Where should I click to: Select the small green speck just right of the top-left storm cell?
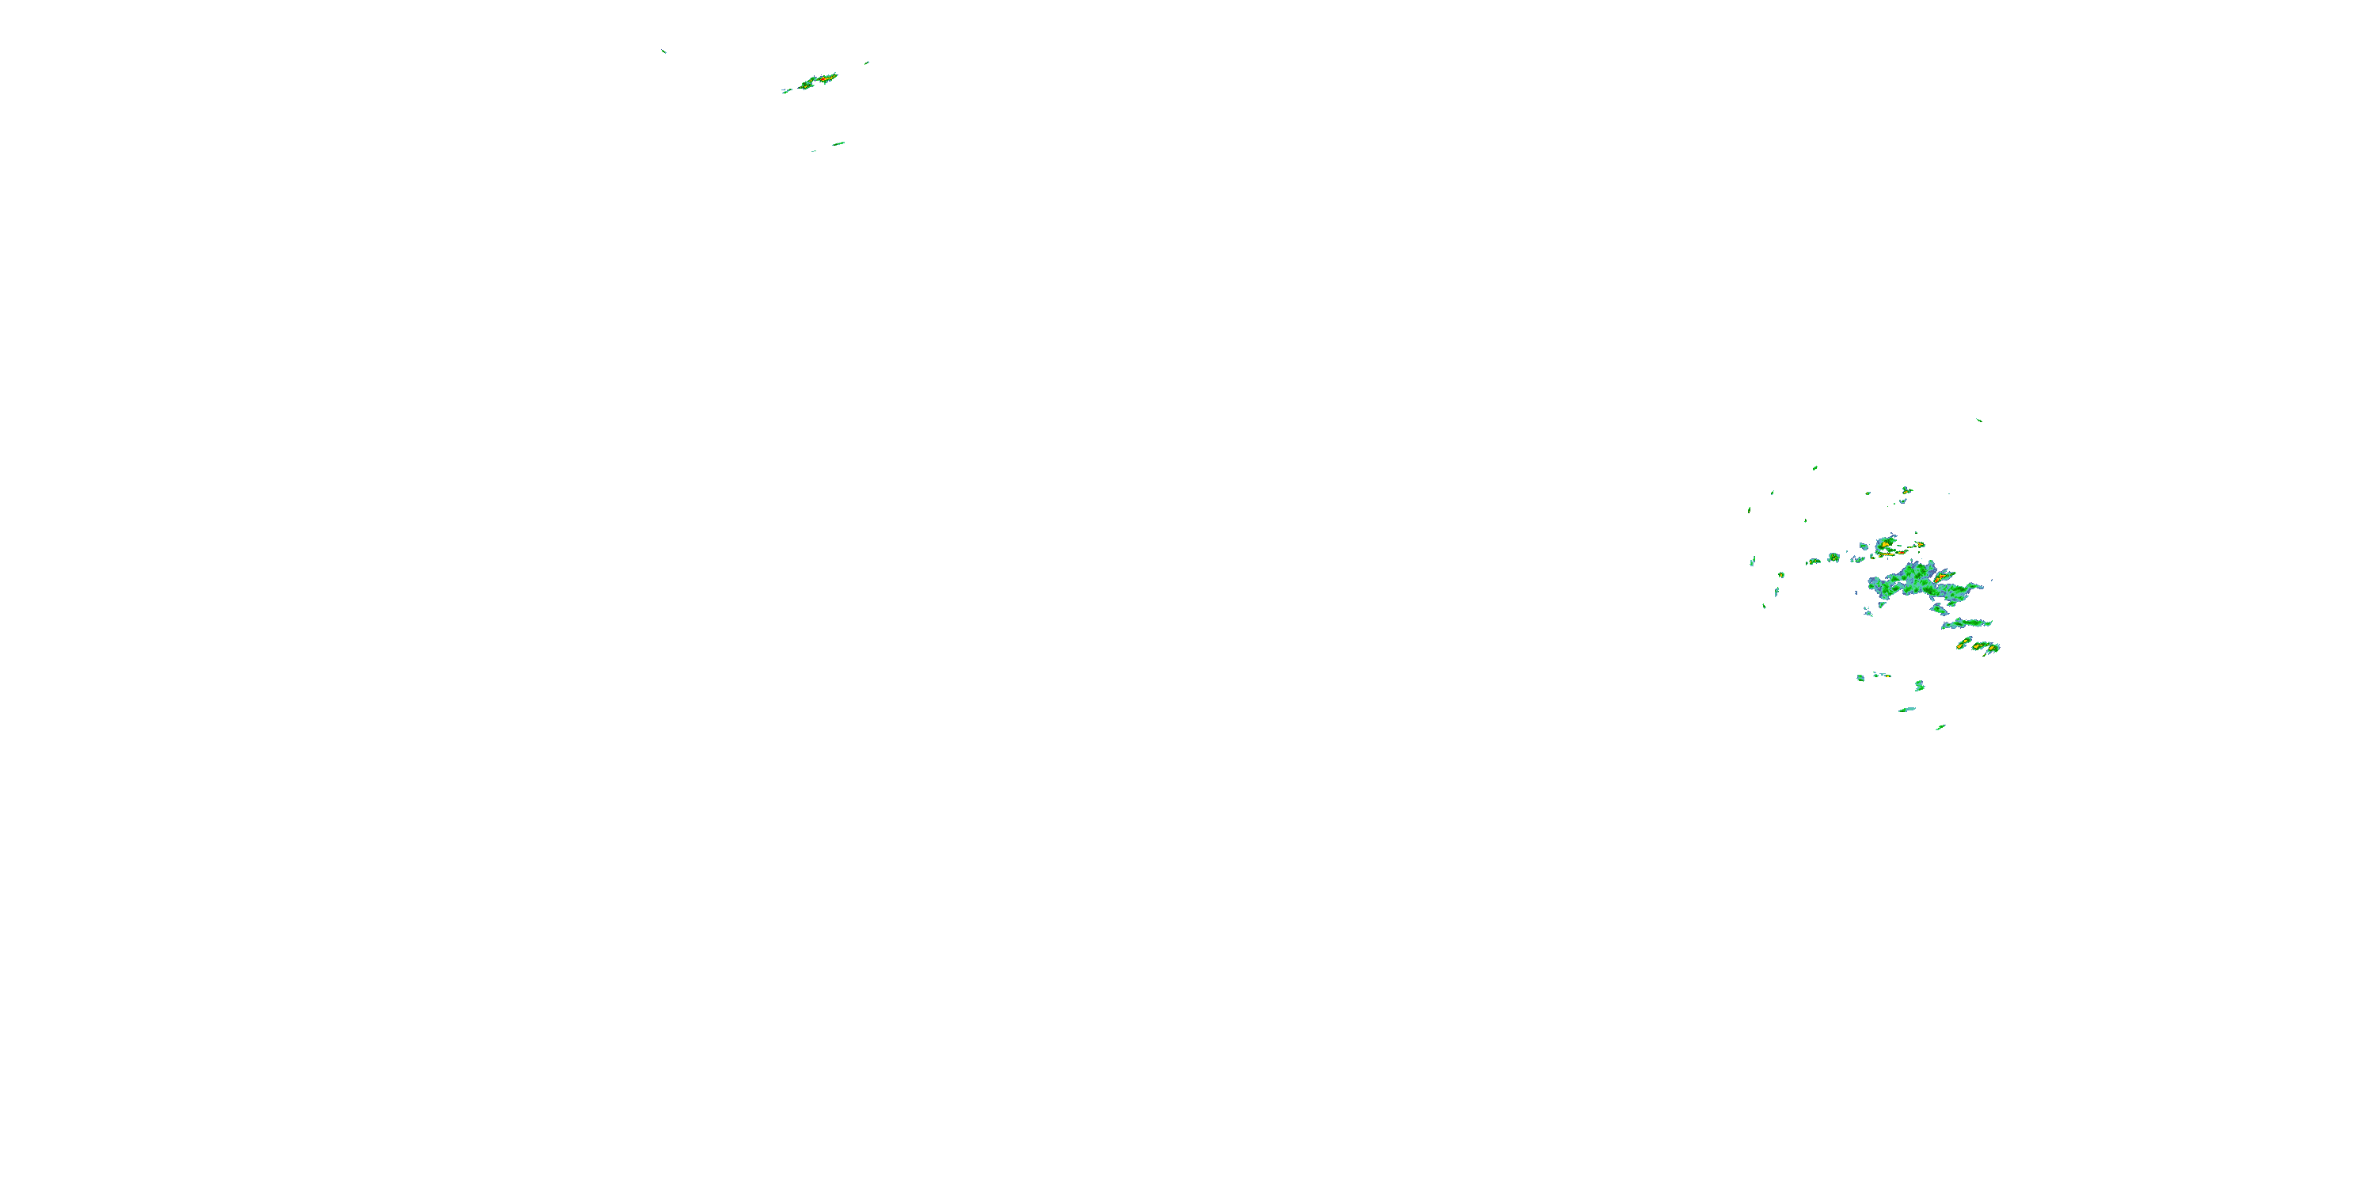click(867, 63)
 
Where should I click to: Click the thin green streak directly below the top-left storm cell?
click(838, 143)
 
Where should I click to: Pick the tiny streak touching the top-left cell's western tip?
click(786, 91)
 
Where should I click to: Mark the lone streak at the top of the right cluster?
click(1978, 420)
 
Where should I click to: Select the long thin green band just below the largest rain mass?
click(1966, 623)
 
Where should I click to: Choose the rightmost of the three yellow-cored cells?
click(1993, 649)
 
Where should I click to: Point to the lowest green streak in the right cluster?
click(1940, 727)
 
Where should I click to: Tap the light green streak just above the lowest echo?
click(1906, 710)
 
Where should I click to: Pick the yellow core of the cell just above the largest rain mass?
click(1887, 543)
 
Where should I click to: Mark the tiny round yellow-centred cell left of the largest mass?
click(1833, 557)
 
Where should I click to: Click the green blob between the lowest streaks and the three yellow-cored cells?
click(1920, 685)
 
